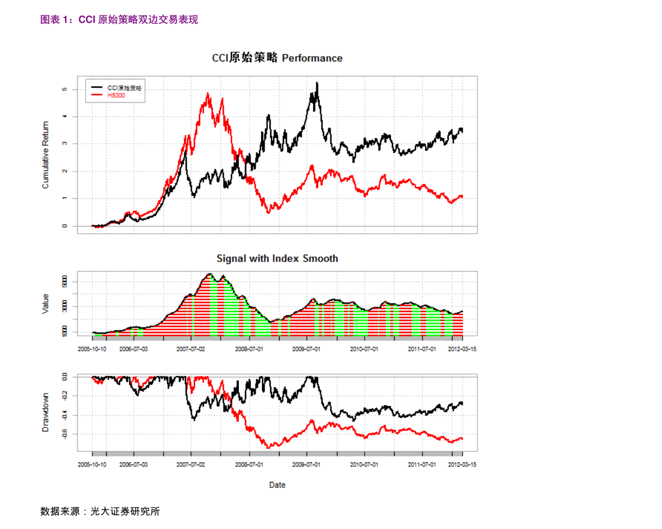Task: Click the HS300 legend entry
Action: coord(116,95)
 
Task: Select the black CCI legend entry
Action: coord(124,88)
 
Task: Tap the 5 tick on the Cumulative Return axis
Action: coord(65,89)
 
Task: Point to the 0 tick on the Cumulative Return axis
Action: coord(65,226)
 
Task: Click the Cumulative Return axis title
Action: coord(46,155)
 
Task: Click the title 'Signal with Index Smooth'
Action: coord(277,259)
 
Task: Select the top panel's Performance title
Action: coord(277,58)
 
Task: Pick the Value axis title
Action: coord(46,304)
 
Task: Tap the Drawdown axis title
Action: coord(46,412)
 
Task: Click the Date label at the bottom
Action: coord(277,485)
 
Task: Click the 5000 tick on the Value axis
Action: coord(65,282)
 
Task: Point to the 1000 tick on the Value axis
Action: coord(65,331)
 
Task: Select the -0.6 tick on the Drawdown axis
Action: coord(65,434)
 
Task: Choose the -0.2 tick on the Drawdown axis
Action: coord(65,396)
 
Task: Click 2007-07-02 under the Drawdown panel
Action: coord(191,464)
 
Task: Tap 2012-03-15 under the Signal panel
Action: coord(462,349)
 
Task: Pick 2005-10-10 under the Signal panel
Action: coord(92,349)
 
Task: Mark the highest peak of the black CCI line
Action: coord(317,83)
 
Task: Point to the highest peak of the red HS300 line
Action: coord(208,93)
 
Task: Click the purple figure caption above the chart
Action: coord(119,20)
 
